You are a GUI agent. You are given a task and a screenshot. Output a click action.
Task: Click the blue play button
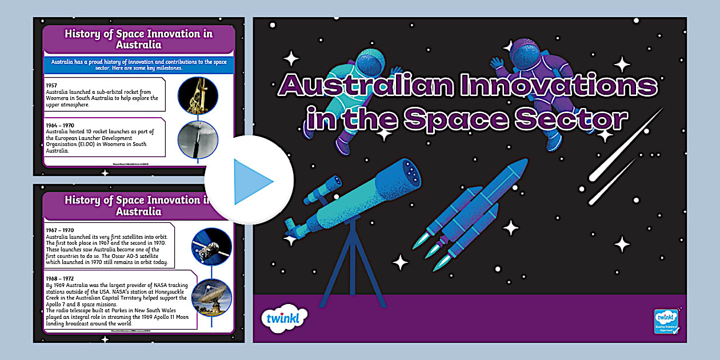[249, 181]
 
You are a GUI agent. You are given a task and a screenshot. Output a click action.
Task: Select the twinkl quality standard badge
[666, 323]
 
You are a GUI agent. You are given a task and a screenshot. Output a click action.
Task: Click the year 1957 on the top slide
[52, 85]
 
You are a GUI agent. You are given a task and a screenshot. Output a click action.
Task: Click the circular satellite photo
[211, 246]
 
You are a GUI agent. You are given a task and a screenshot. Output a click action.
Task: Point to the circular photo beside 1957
[198, 95]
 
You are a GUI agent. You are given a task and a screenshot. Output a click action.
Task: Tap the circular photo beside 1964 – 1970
[198, 140]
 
